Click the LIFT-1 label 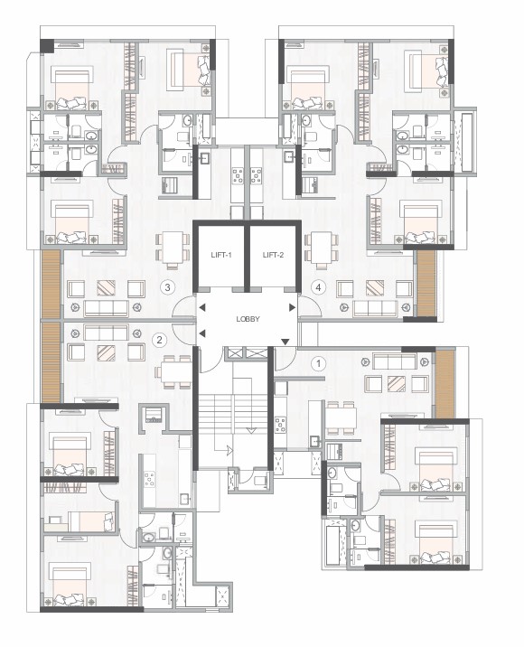221,255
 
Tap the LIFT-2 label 273,255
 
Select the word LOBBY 248,319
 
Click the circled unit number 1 318,363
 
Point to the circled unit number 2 159,341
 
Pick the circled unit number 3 167,287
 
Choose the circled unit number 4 318,287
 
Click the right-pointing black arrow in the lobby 292,307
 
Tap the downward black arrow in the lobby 285,342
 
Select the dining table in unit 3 173,248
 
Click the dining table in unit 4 322,248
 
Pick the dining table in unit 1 341,417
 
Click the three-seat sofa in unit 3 106,308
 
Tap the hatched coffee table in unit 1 396,383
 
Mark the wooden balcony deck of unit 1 445,384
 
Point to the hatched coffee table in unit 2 106,352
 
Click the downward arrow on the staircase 251,430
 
